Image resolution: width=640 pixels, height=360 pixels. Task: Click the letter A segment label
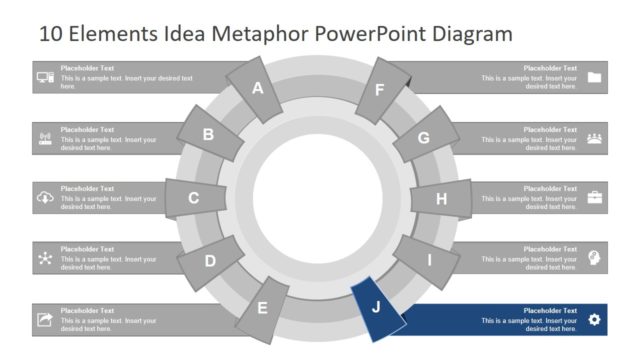257,88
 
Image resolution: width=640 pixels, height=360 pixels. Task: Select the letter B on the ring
209,134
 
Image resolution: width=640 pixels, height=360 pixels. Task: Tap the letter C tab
194,198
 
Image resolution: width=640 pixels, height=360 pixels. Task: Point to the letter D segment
210,261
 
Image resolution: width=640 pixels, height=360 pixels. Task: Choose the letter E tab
263,307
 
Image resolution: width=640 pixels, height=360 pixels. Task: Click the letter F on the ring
379,89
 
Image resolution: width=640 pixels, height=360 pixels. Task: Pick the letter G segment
423,138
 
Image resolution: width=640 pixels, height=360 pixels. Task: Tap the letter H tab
441,198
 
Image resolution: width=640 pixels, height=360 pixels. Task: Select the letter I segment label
430,261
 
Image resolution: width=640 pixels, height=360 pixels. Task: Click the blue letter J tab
376,306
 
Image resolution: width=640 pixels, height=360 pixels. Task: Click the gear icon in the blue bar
595,319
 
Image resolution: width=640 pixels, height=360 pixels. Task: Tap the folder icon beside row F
595,78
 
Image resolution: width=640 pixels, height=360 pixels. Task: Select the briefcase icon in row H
595,197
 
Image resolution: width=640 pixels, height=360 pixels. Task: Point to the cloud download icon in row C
45,198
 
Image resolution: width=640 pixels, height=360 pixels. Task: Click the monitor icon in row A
45,78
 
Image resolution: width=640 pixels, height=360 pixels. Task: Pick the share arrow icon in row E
45,319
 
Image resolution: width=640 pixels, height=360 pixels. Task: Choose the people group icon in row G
595,138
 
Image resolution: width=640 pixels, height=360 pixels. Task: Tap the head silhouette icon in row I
595,258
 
